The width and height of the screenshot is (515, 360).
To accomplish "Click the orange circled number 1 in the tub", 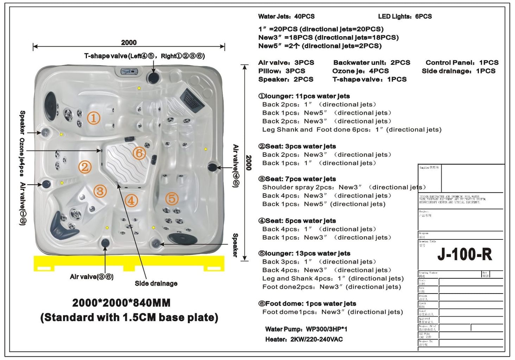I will point(94,118).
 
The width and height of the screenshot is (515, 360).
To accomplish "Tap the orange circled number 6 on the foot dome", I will point(139,153).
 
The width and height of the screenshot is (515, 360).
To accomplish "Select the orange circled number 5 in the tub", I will point(172,199).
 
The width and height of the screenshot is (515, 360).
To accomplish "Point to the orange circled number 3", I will point(100,191).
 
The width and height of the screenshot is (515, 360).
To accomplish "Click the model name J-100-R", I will point(464,254).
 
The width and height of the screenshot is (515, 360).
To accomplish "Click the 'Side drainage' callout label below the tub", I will point(156,283).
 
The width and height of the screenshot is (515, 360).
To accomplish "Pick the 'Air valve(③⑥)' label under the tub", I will point(91,277).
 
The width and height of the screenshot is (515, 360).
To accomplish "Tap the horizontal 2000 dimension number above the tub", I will point(129,43).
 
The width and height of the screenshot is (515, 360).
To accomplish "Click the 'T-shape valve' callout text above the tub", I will point(144,56).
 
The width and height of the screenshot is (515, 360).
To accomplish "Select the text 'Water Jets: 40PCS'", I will point(286,17).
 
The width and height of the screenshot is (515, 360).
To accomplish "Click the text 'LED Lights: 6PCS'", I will point(405,17).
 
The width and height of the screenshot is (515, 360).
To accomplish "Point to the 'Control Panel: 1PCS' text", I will point(462,63).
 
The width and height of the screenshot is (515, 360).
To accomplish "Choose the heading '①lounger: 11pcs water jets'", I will point(304,96).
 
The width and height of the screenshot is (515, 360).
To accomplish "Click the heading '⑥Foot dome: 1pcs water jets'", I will point(307,303).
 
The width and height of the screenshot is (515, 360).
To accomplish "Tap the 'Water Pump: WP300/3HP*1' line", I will point(306,329).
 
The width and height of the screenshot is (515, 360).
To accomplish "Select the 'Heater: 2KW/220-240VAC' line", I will point(304,339).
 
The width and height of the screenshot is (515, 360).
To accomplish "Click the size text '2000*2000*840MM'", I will point(121,303).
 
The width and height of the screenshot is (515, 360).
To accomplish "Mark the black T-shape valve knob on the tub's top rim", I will point(153,78).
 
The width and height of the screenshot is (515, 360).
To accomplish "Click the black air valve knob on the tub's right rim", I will point(212,167).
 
